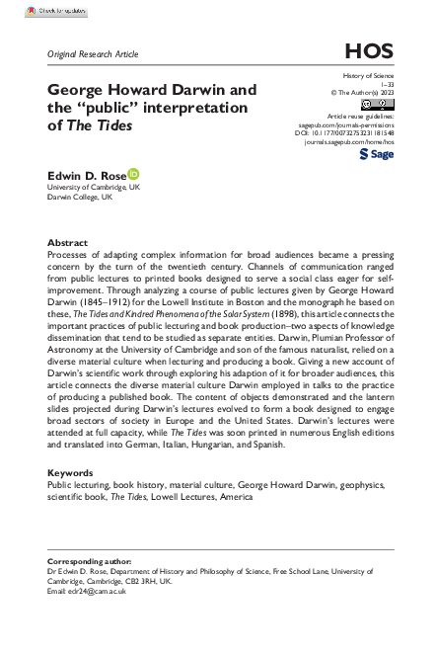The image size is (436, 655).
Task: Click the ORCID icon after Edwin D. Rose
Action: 133,174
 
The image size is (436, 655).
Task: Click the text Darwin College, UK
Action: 80,197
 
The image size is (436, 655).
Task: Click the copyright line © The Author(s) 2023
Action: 360,93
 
